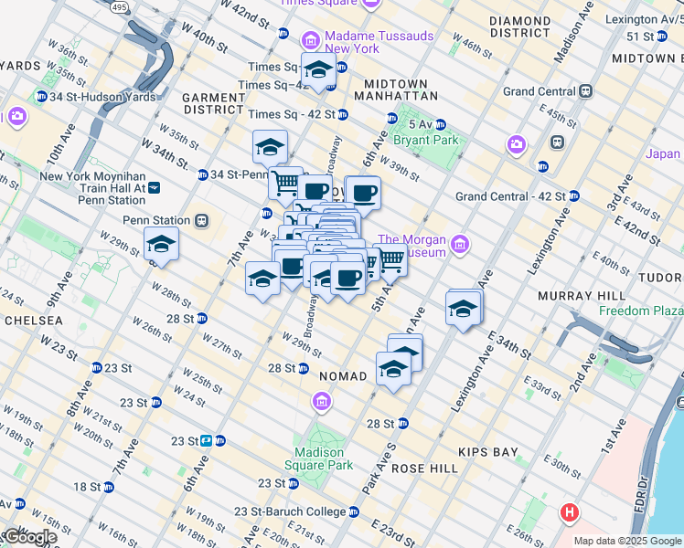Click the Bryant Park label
(425, 140)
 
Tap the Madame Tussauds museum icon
(310, 41)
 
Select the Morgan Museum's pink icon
(459, 244)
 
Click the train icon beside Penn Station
(202, 220)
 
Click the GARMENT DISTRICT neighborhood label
(213, 103)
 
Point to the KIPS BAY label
(492, 451)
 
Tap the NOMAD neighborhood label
(342, 376)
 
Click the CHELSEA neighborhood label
(34, 321)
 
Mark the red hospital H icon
(570, 512)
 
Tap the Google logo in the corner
(29, 536)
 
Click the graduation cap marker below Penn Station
(161, 245)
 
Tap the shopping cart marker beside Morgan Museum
(391, 260)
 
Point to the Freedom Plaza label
(641, 311)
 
